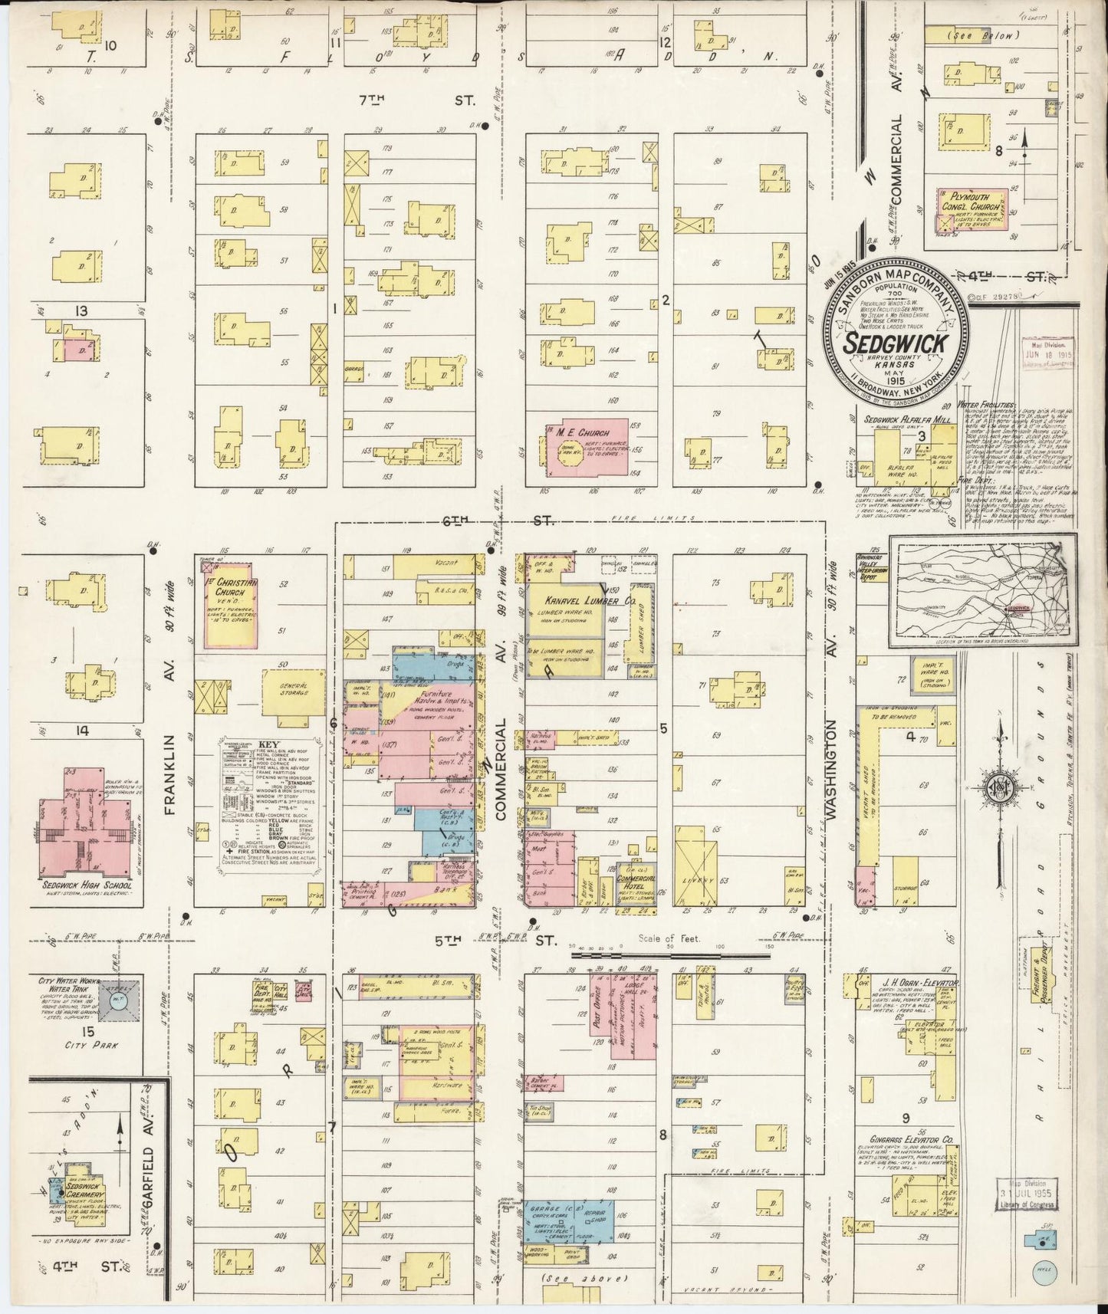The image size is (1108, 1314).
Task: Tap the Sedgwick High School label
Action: [x=85, y=885]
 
